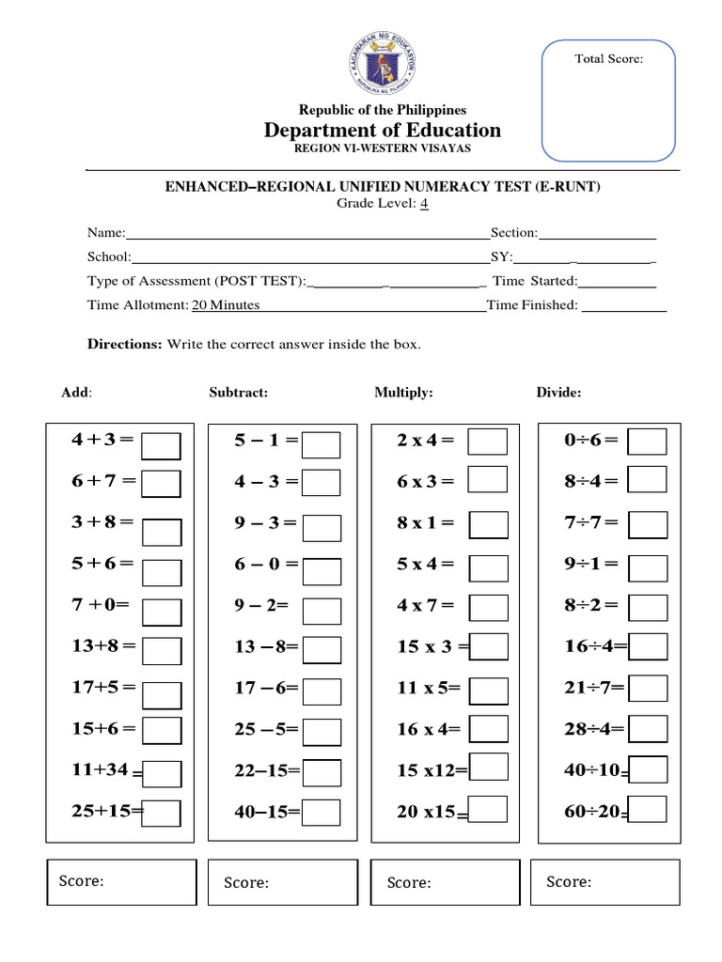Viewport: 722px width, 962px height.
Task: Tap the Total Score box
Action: pos(608,100)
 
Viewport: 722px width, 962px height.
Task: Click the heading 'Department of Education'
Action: pos(383,130)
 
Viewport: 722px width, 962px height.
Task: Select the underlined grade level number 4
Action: pos(425,203)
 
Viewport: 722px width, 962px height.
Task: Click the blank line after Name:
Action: pos(307,233)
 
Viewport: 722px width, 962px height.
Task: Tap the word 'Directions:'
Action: pos(125,344)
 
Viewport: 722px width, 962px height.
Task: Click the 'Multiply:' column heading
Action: pos(403,393)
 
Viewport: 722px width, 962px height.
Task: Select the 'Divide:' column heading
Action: pos(558,393)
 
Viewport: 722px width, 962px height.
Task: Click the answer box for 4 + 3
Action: pos(161,444)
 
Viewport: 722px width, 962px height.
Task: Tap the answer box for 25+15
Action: pos(162,812)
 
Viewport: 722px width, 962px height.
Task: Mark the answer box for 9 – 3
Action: pos(322,526)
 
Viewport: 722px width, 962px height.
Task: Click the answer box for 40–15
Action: pos(322,812)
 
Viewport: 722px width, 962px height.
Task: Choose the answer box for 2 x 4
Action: pos(488,442)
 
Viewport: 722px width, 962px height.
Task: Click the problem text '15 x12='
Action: pos(432,770)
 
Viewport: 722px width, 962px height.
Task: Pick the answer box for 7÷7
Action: pos(647,523)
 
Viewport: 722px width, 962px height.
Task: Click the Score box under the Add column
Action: pos(121,883)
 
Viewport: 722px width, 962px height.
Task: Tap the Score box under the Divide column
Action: pos(611,883)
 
